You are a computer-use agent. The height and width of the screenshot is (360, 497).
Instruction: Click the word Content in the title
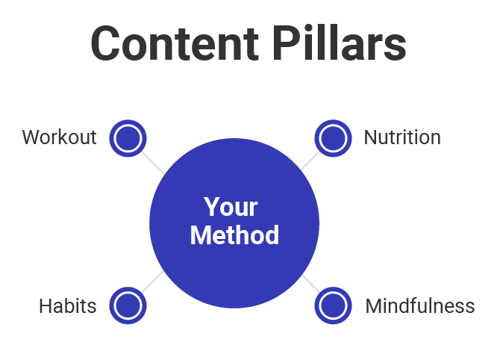[x=175, y=43]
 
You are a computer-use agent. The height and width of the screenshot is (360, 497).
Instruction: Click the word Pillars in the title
[x=339, y=43]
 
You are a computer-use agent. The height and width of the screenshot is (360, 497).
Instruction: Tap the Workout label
[x=59, y=137]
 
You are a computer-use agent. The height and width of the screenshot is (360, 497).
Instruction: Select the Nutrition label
[x=402, y=137]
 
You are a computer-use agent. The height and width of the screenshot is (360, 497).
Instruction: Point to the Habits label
[x=67, y=306]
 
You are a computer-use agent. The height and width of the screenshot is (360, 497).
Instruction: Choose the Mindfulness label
[x=420, y=306]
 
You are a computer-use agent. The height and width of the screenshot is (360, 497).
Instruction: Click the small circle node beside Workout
[x=128, y=138]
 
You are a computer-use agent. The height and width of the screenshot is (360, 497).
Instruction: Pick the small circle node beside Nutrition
[x=333, y=138]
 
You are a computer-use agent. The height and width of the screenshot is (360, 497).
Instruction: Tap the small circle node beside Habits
[x=128, y=305]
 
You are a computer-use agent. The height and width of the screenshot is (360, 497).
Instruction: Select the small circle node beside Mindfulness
[x=333, y=305]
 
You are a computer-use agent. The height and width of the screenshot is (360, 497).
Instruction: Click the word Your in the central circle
[x=231, y=207]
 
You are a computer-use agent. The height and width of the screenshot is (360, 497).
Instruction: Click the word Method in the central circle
[x=234, y=235]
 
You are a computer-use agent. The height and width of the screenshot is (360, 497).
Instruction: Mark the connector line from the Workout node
[x=153, y=163]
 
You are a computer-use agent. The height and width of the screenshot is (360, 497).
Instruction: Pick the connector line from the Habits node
[x=152, y=282]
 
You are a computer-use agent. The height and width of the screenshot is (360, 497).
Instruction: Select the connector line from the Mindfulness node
[x=311, y=284]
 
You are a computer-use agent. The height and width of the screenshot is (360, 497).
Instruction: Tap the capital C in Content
[x=105, y=43]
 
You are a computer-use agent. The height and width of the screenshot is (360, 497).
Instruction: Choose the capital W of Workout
[x=32, y=137]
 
